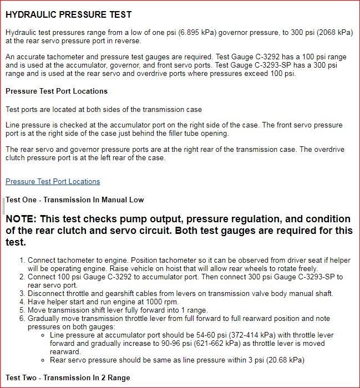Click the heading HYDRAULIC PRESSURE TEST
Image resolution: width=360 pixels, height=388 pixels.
coord(68,13)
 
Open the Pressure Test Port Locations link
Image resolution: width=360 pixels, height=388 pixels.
coord(53,181)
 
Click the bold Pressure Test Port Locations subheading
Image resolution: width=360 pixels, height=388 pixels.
coord(57,91)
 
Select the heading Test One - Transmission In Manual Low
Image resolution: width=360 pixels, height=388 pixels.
coord(74,200)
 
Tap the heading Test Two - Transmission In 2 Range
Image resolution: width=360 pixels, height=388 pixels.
coord(68,377)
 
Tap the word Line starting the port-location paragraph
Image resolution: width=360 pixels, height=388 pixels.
coord(13,125)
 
